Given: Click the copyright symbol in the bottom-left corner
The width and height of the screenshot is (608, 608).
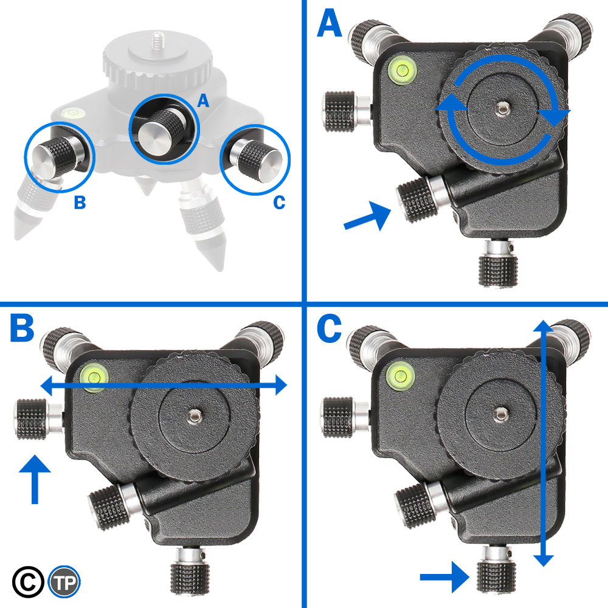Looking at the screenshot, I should point(28,581).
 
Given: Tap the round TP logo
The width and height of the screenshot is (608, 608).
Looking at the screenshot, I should point(64,581).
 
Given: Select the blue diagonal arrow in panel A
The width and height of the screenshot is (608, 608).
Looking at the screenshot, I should point(368,218).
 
